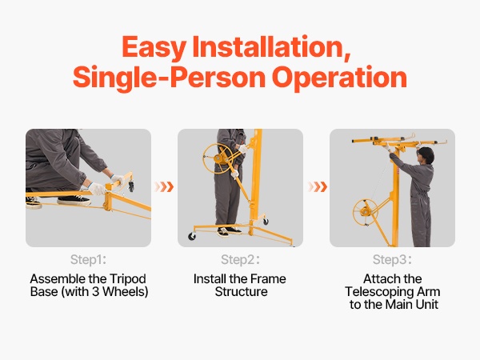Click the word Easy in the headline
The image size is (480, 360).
pos(154,47)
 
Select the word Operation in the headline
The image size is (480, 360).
pos(339,78)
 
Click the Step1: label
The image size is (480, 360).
pos(88,259)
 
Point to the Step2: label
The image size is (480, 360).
pos(240,259)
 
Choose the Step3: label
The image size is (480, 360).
pos(392,259)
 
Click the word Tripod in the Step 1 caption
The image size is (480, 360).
pos(128,279)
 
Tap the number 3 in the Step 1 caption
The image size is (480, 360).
pos(95,291)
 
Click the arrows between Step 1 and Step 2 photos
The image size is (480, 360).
pos(164,186)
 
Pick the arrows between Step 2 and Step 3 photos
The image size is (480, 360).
pos(318,186)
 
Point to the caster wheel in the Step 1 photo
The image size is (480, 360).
pos(131,186)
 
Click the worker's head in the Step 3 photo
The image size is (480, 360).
pos(426,155)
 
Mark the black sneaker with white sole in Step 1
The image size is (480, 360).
pos(74,200)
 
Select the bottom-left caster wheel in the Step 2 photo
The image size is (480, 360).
pos(192,236)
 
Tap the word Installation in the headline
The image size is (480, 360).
pos(271,47)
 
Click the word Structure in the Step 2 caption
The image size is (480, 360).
pos(242,292)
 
